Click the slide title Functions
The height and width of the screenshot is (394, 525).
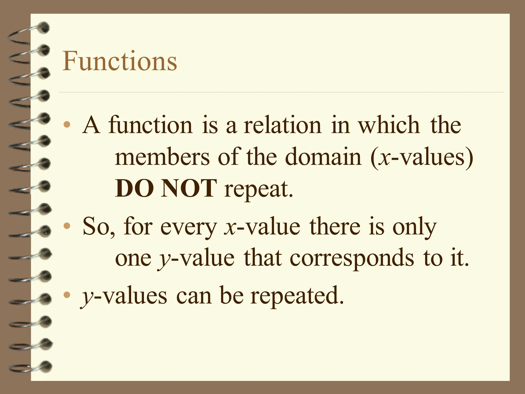point(120,62)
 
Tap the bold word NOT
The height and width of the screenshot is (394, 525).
point(188,189)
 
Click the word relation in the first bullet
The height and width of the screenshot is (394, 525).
point(282,125)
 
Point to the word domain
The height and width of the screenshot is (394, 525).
point(323,157)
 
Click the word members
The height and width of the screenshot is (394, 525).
point(162,157)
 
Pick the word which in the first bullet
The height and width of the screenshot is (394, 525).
point(389,125)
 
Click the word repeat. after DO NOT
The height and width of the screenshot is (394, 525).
point(258,190)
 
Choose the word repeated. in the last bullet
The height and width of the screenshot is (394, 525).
point(297,297)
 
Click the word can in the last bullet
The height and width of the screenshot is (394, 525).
point(194,297)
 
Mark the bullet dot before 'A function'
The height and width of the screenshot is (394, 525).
point(67,125)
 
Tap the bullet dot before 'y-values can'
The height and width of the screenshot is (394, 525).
point(67,295)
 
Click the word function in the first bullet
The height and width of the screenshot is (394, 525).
point(150,125)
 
